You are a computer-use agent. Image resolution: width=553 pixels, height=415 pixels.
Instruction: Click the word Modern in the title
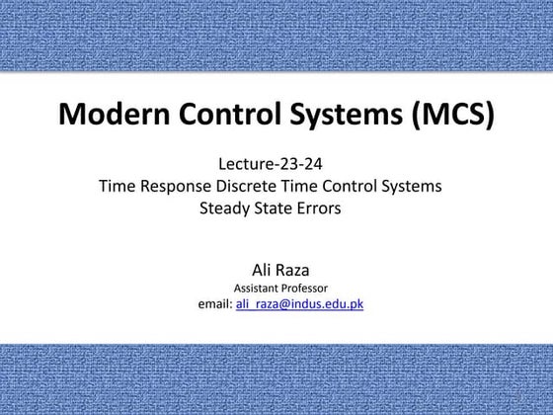[x=114, y=114]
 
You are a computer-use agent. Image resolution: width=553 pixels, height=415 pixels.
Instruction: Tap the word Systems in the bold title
[x=347, y=115]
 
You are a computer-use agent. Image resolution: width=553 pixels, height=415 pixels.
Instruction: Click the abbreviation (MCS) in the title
[x=453, y=115]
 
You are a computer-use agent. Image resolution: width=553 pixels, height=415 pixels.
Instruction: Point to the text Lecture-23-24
[x=271, y=164]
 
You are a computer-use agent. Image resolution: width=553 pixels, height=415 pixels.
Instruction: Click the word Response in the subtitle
[x=176, y=187]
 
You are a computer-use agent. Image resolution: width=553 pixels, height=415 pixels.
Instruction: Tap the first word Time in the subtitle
[x=118, y=186]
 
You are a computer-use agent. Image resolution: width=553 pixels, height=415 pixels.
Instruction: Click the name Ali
[x=261, y=271]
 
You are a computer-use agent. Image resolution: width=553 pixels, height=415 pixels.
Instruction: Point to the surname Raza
[x=291, y=271]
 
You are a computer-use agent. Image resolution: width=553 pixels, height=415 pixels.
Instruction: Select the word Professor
[x=304, y=289]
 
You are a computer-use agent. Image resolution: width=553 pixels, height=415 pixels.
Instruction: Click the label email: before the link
[x=215, y=304]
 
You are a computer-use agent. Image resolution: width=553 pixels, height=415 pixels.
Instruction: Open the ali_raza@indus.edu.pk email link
[x=299, y=304]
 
